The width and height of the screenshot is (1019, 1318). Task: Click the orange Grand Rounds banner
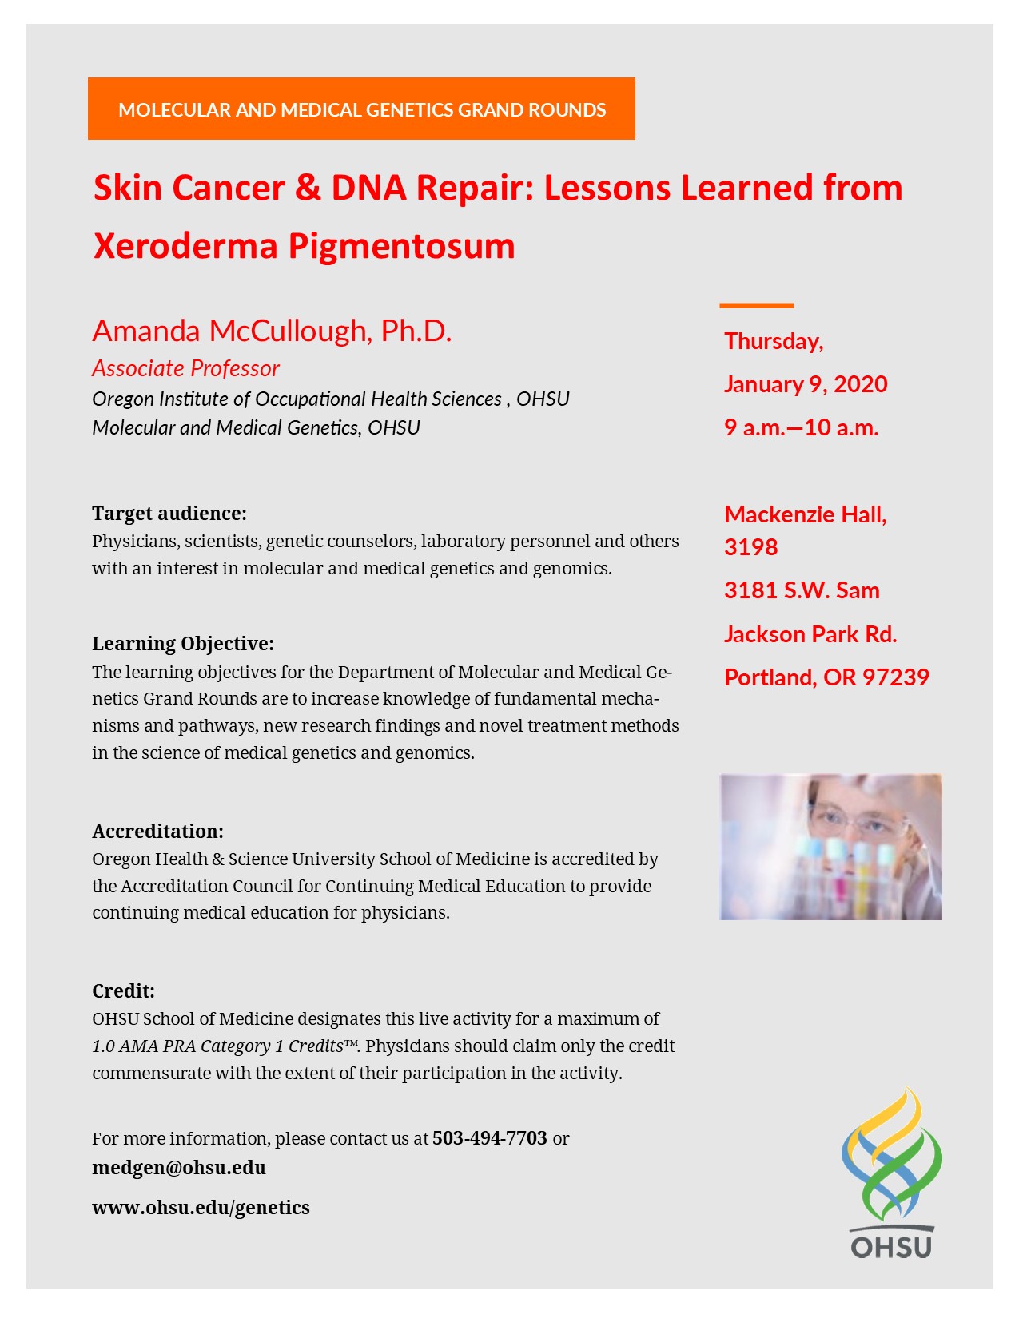pyautogui.click(x=361, y=109)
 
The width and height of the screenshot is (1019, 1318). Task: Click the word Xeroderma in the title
pyautogui.click(x=185, y=246)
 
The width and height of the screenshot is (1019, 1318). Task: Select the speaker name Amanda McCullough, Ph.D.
pyautogui.click(x=272, y=331)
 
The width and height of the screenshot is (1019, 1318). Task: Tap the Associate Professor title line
pyautogui.click(x=185, y=368)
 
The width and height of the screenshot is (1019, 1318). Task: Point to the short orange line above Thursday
pyautogui.click(x=756, y=305)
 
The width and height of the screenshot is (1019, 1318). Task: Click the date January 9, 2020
pyautogui.click(x=806, y=384)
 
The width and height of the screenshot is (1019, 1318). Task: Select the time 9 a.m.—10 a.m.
pyautogui.click(x=801, y=427)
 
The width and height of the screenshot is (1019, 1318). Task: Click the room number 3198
pyautogui.click(x=750, y=547)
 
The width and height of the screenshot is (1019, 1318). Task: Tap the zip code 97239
pyautogui.click(x=895, y=677)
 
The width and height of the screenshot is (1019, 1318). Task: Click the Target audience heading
pyautogui.click(x=169, y=513)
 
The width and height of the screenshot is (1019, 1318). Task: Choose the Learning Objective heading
pyautogui.click(x=183, y=644)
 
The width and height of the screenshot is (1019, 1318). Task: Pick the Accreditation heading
pyautogui.click(x=157, y=831)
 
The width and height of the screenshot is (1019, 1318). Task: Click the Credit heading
pyautogui.click(x=123, y=991)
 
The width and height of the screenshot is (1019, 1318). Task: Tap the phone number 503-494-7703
pyautogui.click(x=489, y=1138)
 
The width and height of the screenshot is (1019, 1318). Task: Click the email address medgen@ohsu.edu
pyautogui.click(x=179, y=1168)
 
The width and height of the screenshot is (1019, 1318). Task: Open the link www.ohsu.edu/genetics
pyautogui.click(x=201, y=1207)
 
